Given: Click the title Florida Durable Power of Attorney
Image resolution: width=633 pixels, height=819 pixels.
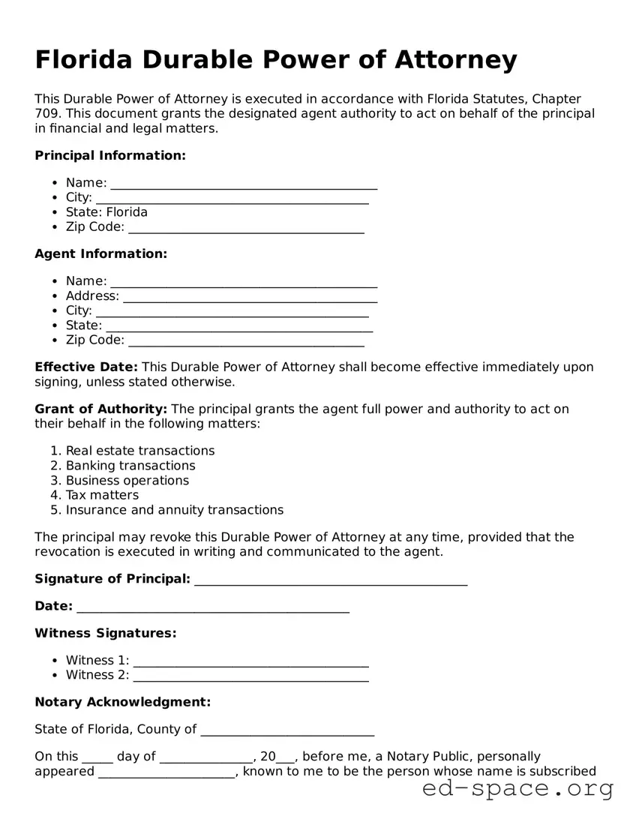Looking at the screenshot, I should [276, 59].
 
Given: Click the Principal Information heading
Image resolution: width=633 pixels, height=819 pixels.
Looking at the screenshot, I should [110, 155].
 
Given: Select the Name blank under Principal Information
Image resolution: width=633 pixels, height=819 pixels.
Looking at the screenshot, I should [244, 184].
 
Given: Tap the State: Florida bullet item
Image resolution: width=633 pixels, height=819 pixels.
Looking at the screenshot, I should [106, 212].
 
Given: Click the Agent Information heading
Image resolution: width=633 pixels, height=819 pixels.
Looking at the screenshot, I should [101, 253].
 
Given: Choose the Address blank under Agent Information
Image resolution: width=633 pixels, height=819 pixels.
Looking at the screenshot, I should [250, 297].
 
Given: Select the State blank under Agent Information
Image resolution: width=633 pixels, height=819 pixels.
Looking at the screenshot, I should [239, 326].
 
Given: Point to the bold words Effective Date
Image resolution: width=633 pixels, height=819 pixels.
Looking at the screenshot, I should [86, 367].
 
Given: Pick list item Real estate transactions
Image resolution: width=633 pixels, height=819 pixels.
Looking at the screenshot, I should [140, 451].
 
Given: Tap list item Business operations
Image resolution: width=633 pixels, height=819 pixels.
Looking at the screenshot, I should [127, 481].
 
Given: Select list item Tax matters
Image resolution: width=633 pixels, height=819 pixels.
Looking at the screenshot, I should [102, 495].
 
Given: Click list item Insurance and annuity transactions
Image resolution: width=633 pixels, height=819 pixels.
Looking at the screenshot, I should [175, 510].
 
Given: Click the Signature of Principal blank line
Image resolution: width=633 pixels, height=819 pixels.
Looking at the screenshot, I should [331, 580].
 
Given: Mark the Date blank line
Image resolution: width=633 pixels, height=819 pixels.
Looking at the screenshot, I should [213, 607].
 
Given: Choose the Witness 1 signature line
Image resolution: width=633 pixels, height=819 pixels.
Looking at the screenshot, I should [250, 661].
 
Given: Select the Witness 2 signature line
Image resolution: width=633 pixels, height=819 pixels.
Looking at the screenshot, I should [250, 676].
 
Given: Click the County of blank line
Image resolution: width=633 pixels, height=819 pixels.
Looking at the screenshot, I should [287, 730].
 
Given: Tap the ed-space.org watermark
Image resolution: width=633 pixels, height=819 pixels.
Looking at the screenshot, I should [517, 789].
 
